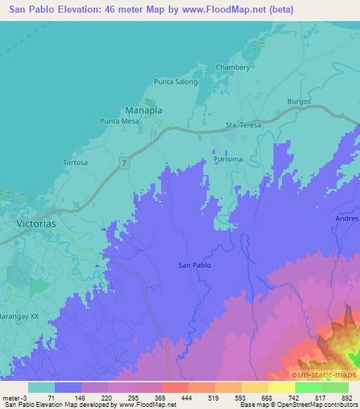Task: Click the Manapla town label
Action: click(x=144, y=110)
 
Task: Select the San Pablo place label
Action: click(x=195, y=265)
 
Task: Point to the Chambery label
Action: click(x=233, y=67)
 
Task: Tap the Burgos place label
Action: click(x=299, y=102)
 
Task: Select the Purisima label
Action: click(x=229, y=160)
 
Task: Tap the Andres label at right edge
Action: click(x=347, y=219)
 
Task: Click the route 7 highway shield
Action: click(x=124, y=162)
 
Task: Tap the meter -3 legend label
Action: click(x=13, y=396)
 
